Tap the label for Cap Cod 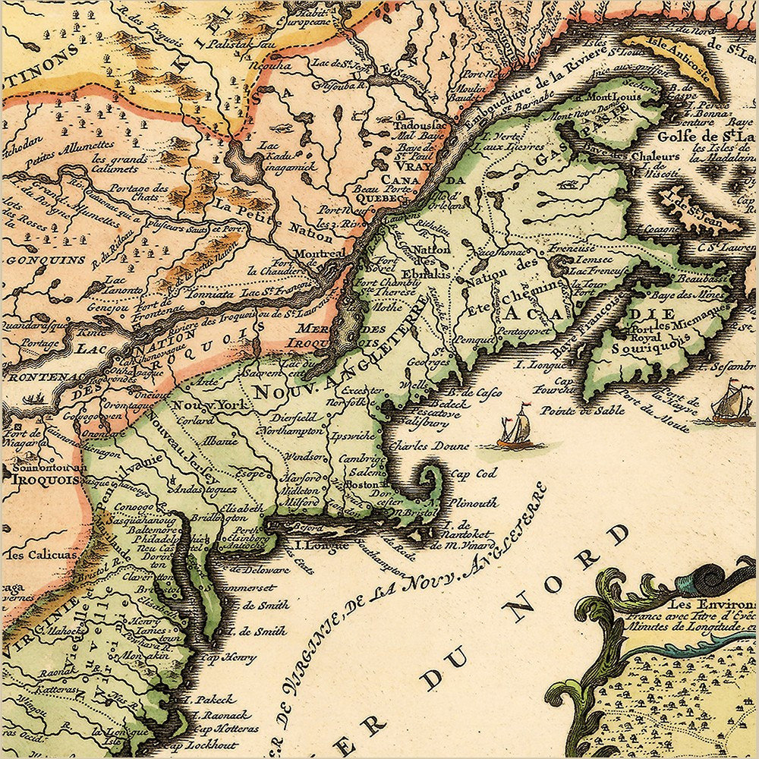point(474,473)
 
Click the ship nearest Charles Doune point(514,430)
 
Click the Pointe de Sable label point(571,410)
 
